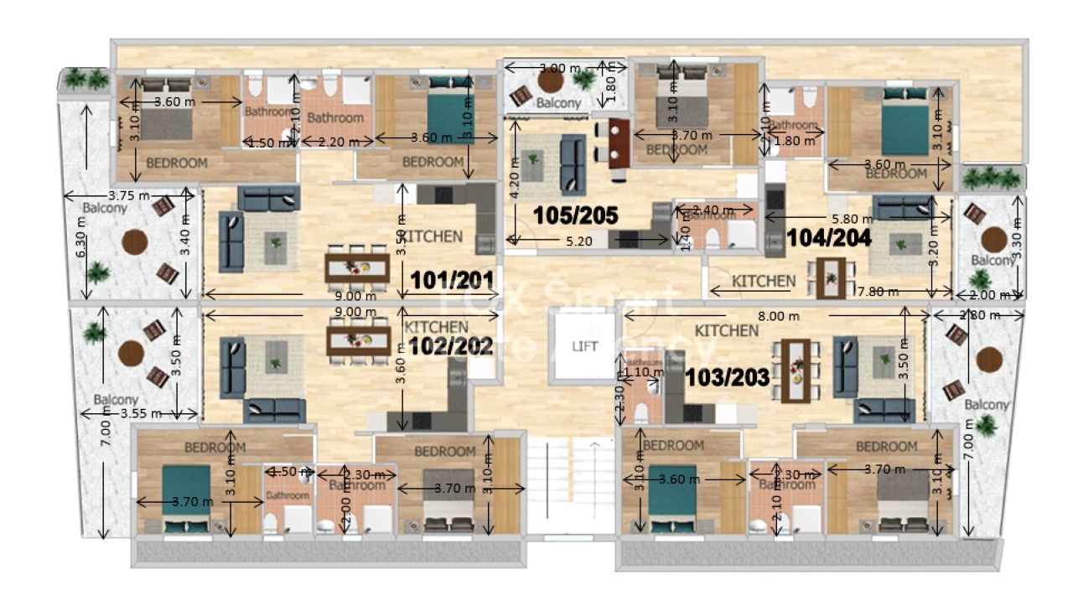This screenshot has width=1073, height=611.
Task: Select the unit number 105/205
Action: pos(575,215)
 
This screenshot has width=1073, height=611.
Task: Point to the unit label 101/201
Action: pos(451,279)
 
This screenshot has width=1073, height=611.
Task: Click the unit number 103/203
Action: pos(728,377)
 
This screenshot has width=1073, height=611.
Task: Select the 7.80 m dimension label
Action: pos(877,292)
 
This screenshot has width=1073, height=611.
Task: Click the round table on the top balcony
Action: pos(551,81)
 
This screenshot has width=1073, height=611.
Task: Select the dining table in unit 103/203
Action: pos(795,370)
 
